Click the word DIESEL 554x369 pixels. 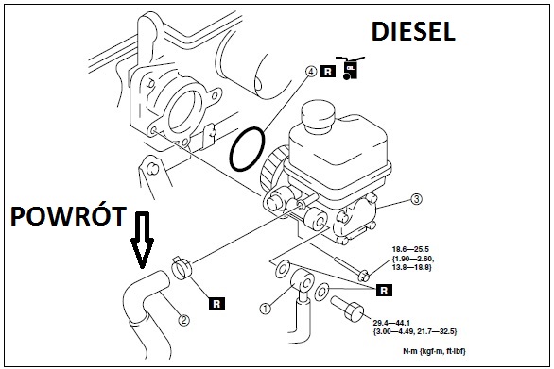click(413, 31)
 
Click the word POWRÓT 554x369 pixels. click(69, 215)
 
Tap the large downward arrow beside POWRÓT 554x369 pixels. click(143, 240)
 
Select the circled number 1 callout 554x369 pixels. click(266, 309)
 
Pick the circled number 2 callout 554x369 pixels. click(183, 320)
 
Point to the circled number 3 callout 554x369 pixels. click(417, 199)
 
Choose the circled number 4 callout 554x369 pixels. click(311, 72)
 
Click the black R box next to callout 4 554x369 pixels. click(327, 72)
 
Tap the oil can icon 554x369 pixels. click(350, 67)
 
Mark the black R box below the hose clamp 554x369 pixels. click(216, 304)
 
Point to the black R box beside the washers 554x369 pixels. click(385, 291)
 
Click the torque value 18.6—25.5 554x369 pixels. click(410, 249)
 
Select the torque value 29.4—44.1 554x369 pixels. click(392, 323)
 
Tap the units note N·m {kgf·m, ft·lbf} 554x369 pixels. click(435, 351)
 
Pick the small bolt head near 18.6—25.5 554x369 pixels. click(364, 276)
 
